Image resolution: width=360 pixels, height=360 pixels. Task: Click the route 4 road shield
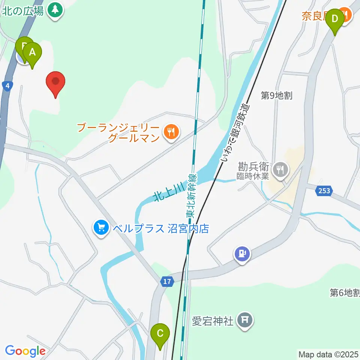[x=7, y=86]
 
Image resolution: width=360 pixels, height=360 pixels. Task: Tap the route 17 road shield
[x=167, y=282]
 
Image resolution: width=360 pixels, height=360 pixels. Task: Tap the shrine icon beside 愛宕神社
[x=245, y=320]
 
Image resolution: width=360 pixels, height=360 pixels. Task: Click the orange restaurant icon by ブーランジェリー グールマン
[x=171, y=132]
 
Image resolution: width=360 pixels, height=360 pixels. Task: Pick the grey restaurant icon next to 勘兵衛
[x=280, y=169]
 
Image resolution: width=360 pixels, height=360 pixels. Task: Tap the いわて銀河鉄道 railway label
[x=235, y=133]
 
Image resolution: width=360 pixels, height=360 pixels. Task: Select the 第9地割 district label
[x=277, y=96]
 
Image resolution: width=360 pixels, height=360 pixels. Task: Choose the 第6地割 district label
[x=345, y=292]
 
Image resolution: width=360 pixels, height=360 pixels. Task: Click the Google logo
[x=25, y=351]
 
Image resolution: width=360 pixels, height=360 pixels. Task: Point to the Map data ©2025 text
[x=328, y=354]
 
